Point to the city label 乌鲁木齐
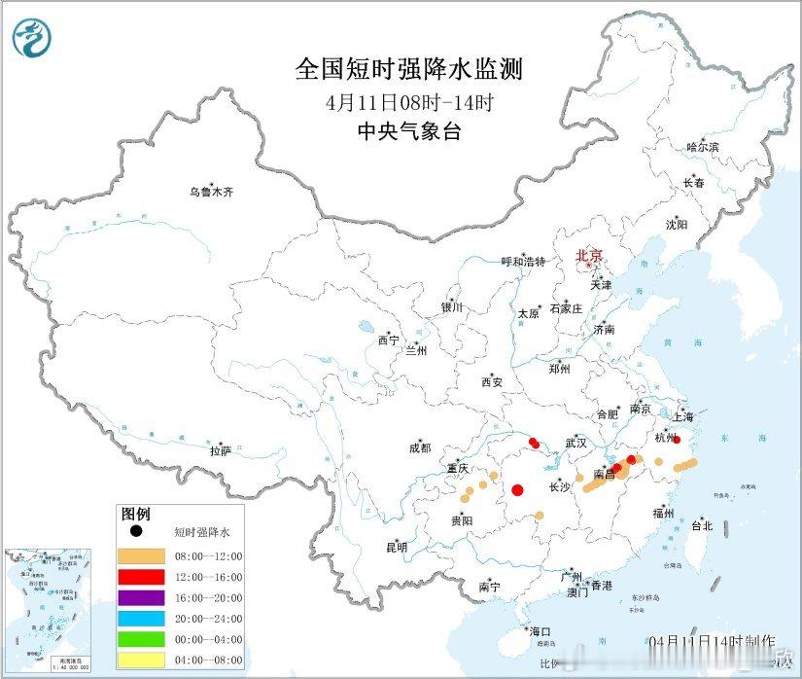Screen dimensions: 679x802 click(211, 192)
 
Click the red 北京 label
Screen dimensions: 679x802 click(589, 256)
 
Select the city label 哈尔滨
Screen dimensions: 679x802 click(702, 147)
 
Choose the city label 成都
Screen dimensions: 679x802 click(420, 447)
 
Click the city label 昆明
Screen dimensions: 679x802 click(397, 548)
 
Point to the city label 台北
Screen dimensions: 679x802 click(701, 525)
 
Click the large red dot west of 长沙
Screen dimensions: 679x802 click(518, 490)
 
